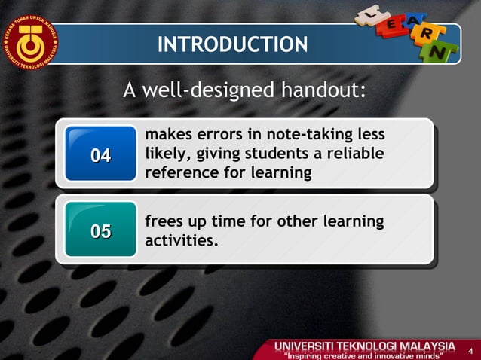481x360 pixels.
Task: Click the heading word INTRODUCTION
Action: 232,44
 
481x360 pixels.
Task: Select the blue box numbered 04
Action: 100,155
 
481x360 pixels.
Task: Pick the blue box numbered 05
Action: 100,231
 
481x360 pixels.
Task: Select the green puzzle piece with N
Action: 449,53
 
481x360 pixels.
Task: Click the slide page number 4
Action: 469,350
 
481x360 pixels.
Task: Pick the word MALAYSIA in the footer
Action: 419,346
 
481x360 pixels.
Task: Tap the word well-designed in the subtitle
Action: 208,91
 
